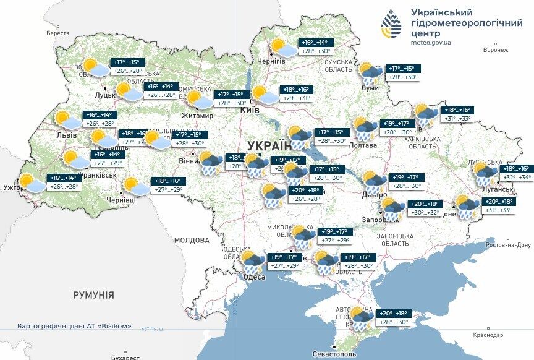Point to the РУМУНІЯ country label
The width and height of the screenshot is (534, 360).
click(93, 295)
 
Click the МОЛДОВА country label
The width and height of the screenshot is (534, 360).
click(192, 240)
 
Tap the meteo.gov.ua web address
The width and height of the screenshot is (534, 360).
click(431, 43)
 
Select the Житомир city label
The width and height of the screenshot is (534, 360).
click(197, 116)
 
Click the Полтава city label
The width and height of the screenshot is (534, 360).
click(363, 145)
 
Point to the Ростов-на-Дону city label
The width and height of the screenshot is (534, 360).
click(509, 245)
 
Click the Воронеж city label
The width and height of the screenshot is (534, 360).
click(496, 50)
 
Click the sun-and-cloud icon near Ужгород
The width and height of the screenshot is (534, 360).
click(32, 184)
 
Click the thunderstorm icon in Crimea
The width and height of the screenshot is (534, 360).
click(361, 318)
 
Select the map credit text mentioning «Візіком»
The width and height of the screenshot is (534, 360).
click(74, 326)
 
